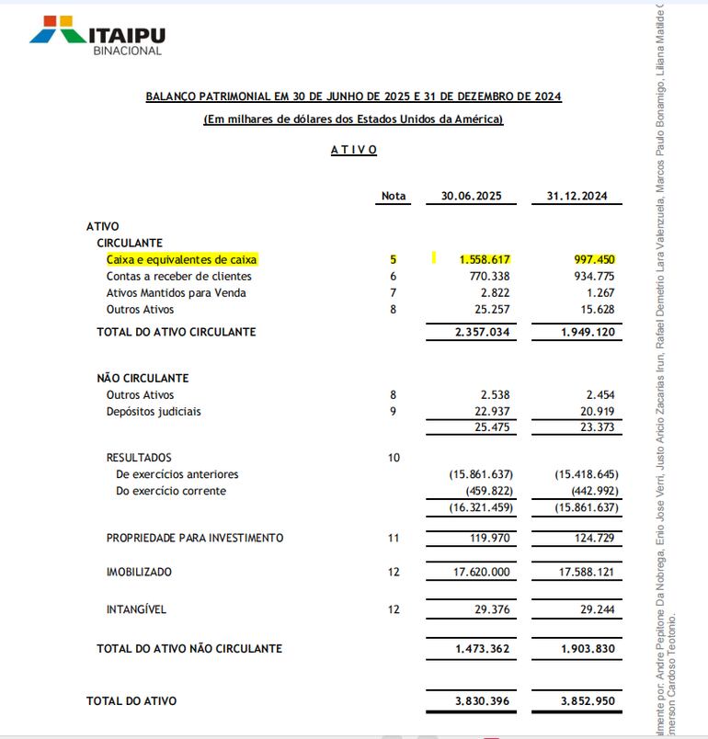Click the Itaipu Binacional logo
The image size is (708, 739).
pos(97,36)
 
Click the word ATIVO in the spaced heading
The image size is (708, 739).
pos(354,150)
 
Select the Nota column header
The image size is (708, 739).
pos(393,197)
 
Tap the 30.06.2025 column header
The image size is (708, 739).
pos(471,197)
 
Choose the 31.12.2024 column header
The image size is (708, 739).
pos(577,197)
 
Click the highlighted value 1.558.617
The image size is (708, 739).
pos(485,260)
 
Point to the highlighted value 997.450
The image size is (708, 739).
pos(594,260)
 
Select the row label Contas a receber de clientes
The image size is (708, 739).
pos(178,277)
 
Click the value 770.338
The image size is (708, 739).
pos(489,277)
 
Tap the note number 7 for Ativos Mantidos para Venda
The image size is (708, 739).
pos(393,293)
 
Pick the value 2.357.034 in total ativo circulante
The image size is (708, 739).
pos(482,332)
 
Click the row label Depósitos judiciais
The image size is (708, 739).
pos(153,412)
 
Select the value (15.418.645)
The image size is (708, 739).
pos(587,474)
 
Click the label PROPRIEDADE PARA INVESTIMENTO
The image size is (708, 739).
pos(194,538)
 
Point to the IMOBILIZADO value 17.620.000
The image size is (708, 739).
pos(482,572)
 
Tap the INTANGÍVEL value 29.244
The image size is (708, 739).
pos(597,609)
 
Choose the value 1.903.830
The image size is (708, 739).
pos(588,649)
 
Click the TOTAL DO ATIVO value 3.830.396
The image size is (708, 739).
pos(482,701)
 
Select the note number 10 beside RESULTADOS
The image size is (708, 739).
pos(394,458)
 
